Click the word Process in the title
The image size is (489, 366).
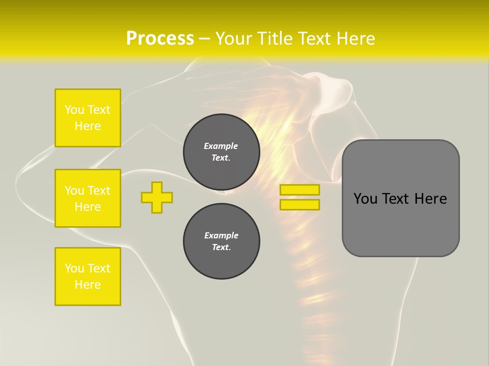pos(160,38)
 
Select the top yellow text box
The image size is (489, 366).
pos(88,118)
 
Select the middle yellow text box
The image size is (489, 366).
pos(88,198)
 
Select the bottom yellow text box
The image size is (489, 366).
pos(88,276)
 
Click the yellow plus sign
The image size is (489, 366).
pos(157,197)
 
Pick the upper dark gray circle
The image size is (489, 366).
pos(222,152)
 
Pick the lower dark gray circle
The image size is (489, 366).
pos(222,241)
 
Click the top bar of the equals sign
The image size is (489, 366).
pos(300,190)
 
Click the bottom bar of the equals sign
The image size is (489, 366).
pos(300,204)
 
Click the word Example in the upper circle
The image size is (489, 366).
pos(221,146)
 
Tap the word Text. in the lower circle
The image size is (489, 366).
pos(221,247)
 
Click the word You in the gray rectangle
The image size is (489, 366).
pos(365,199)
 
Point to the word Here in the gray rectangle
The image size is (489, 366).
pos(430,199)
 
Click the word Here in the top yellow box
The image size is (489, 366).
pos(88,126)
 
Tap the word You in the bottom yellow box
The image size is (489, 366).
pos(74,268)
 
